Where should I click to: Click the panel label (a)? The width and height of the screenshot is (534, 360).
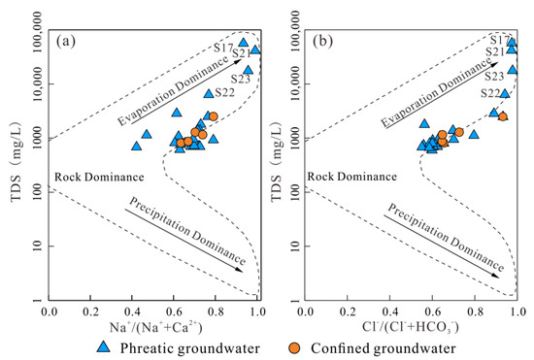pos(66,41)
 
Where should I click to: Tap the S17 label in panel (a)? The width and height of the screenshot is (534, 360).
pos(224,48)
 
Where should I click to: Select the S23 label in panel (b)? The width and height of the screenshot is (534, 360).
pos(495,76)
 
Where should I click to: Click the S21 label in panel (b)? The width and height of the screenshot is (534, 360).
pos(495,51)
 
